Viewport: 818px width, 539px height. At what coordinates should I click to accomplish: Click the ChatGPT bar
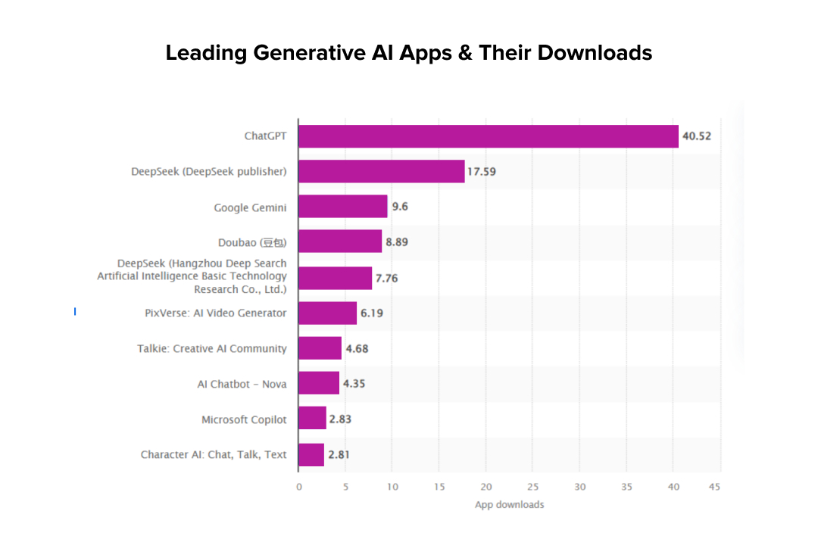(x=488, y=136)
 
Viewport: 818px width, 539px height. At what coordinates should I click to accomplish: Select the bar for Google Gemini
(x=342, y=207)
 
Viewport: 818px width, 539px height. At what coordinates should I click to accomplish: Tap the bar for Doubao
(x=339, y=241)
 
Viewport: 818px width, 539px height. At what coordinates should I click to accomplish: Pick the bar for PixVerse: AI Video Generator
(x=327, y=313)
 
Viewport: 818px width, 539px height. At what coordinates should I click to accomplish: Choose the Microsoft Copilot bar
(x=312, y=419)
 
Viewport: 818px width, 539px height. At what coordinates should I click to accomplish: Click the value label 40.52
(x=696, y=136)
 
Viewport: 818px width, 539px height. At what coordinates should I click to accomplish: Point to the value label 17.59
(x=482, y=172)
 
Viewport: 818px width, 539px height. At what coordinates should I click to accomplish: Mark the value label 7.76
(x=386, y=278)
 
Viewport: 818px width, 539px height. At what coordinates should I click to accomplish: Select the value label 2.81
(x=339, y=455)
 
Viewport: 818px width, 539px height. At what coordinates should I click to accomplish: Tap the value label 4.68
(x=357, y=349)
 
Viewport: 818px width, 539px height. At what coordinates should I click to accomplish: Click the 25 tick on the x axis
(x=533, y=487)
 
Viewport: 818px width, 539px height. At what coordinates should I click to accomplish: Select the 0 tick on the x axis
(x=298, y=487)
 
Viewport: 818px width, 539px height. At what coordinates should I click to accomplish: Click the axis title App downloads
(x=509, y=504)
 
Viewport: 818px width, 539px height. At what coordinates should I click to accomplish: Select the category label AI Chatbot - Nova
(x=242, y=384)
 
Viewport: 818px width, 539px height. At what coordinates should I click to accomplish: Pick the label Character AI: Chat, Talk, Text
(x=214, y=454)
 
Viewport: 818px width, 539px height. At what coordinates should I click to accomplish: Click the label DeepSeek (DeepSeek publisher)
(x=209, y=171)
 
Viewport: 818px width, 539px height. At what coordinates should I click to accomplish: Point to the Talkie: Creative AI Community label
(x=212, y=348)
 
